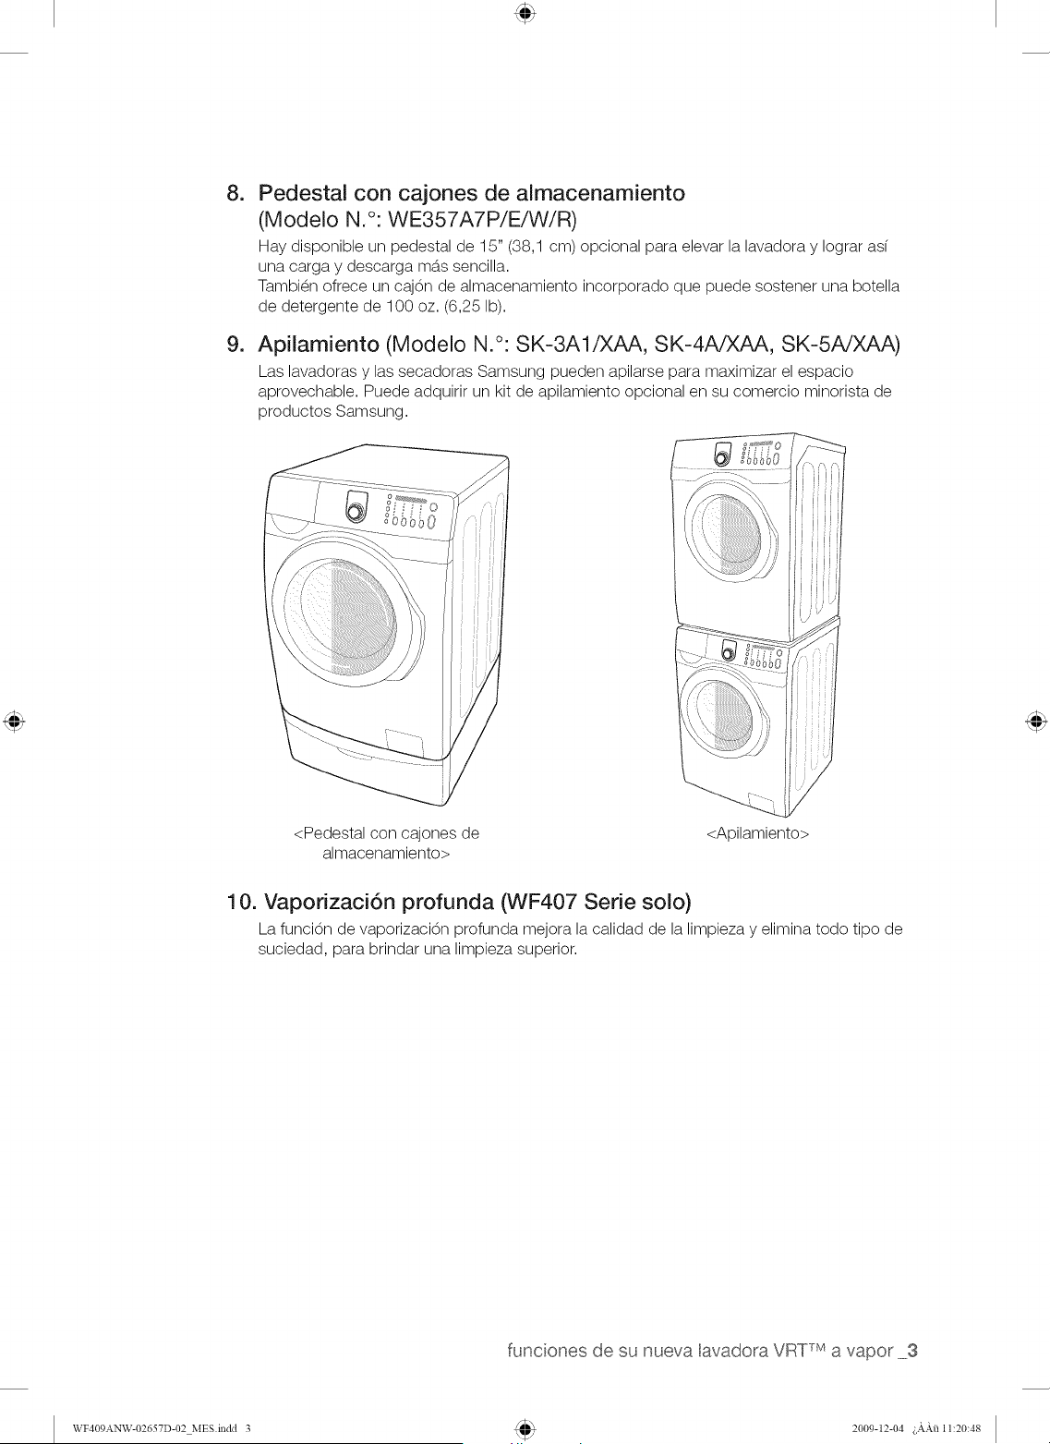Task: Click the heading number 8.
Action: [x=235, y=193]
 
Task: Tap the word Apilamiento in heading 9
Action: [x=319, y=345]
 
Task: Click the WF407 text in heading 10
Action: [x=542, y=902]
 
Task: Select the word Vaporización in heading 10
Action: [x=331, y=903]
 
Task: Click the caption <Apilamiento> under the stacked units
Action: [x=757, y=833]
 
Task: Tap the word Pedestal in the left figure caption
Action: [x=330, y=833]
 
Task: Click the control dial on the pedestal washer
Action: [x=355, y=508]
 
